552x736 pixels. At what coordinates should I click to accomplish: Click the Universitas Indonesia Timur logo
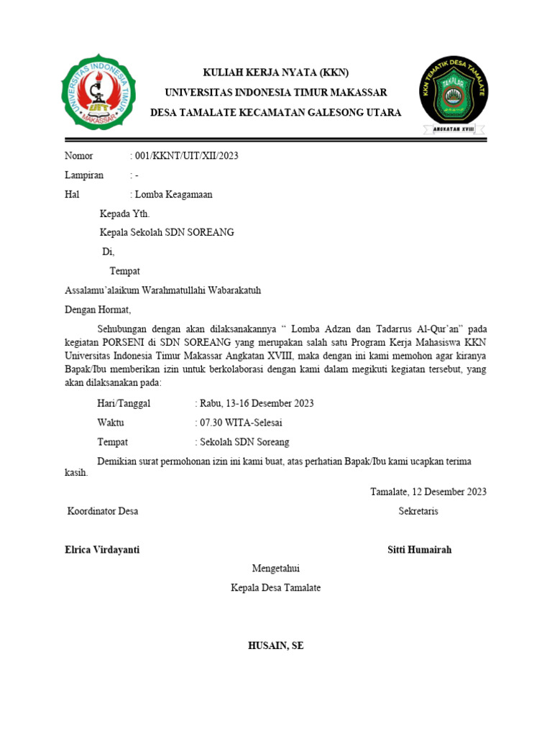coord(98,93)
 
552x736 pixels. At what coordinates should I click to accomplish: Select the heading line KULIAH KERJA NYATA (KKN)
coord(276,73)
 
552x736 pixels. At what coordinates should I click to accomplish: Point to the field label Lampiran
coord(84,175)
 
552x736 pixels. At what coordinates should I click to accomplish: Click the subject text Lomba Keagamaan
coord(173,195)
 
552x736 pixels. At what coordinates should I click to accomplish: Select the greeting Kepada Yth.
coord(124,213)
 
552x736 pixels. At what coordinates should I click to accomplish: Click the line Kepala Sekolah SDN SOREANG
coord(166,233)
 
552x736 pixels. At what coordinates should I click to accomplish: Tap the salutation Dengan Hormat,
coord(98,310)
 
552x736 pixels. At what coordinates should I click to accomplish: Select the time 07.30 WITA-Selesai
coord(238,423)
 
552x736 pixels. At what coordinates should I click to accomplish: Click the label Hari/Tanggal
coord(123,403)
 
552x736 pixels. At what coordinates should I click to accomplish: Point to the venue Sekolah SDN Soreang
coord(244,442)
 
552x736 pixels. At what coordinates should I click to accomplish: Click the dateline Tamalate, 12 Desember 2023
coord(428,492)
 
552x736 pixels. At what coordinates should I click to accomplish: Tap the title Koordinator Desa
coord(103,512)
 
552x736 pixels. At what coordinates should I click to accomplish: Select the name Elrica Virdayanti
coord(102,550)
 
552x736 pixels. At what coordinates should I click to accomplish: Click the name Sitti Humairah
coord(419,550)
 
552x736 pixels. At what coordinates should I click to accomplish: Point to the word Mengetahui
coord(275,569)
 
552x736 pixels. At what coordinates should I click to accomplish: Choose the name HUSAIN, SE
coord(275,645)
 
